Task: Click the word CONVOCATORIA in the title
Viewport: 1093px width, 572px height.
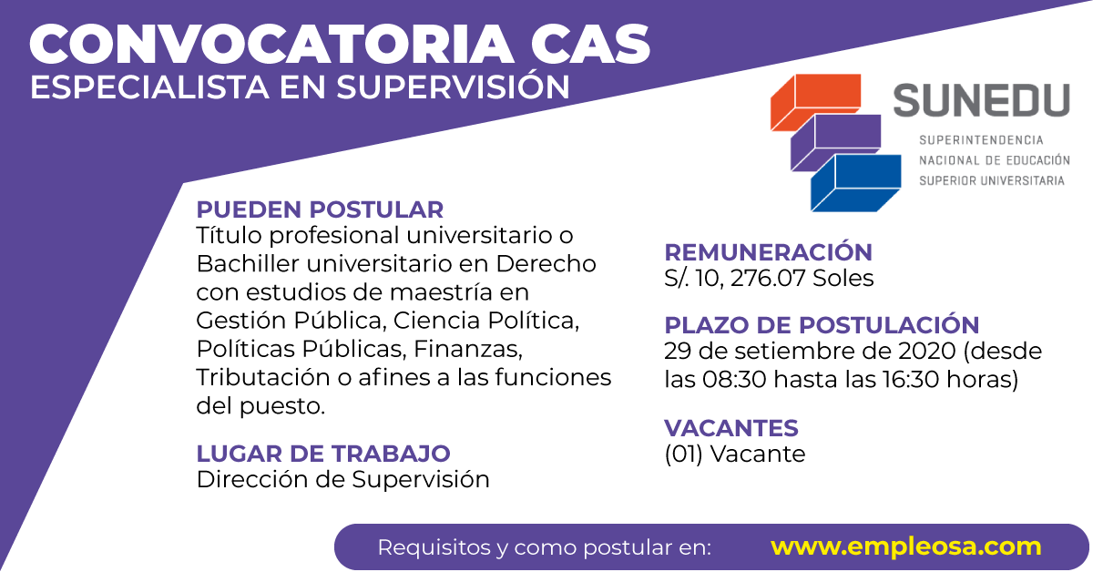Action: click(271, 45)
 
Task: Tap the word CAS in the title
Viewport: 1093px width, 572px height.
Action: click(590, 45)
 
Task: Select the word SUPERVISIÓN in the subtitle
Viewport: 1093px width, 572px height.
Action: click(453, 86)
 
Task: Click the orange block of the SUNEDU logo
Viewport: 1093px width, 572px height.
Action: click(816, 102)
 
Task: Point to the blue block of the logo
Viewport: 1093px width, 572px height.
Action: click(856, 183)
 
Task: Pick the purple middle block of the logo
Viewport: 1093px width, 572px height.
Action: click(836, 142)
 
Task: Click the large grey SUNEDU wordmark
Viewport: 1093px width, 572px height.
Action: click(981, 100)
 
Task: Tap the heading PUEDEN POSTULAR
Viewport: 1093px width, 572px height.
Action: click(320, 209)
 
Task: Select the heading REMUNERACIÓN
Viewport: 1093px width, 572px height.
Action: click(768, 251)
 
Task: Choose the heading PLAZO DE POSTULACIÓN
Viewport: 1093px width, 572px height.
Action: click(822, 325)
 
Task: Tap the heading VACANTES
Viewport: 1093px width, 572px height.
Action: click(730, 428)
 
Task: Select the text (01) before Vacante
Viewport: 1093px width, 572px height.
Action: click(684, 454)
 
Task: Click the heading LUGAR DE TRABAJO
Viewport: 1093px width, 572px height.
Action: click(323, 454)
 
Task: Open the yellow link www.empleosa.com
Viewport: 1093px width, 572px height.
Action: click(905, 547)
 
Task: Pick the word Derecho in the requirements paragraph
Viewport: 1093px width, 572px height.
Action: click(546, 264)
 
